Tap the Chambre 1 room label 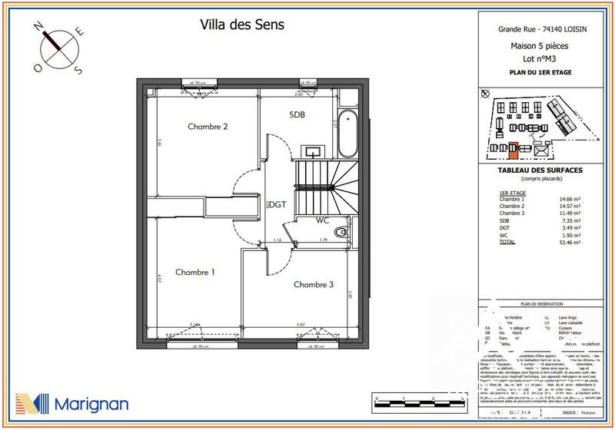point(194,272)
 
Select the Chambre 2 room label point(208,127)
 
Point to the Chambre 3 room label point(314,284)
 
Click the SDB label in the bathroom point(298,114)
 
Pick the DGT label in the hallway point(277,204)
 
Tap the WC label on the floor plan point(323,220)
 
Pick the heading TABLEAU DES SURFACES point(540,170)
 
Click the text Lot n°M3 point(540,58)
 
